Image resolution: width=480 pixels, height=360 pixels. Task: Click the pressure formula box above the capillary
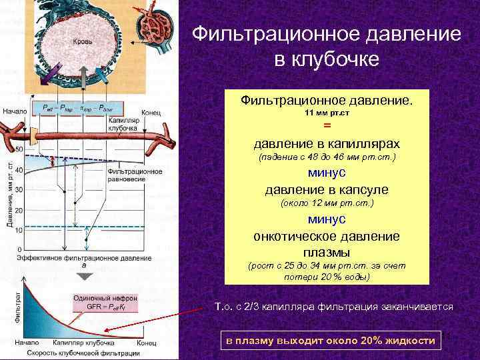(x=78, y=107)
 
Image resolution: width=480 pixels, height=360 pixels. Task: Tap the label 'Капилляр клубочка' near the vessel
(x=123, y=123)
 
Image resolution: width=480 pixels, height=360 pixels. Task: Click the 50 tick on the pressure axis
(x=19, y=149)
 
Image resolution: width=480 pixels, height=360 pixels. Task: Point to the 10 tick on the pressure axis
(x=19, y=230)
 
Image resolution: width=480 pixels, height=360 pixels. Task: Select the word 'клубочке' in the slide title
(x=327, y=60)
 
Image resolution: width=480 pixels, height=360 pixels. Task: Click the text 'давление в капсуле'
(x=327, y=189)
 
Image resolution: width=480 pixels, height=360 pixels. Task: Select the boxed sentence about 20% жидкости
(x=331, y=341)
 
